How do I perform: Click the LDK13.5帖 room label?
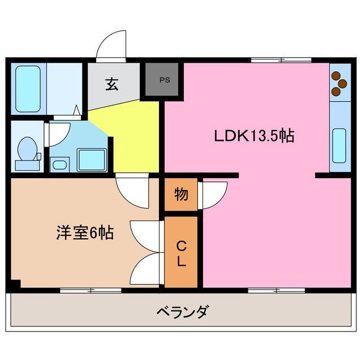[253, 136]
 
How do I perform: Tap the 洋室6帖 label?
[84, 232]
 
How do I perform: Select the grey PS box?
[163, 80]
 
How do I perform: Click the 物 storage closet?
[181, 195]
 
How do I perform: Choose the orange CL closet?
[181, 253]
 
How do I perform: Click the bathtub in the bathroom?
[28, 89]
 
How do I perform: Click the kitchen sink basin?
[340, 145]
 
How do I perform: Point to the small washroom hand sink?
[58, 164]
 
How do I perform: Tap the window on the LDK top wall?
[281, 59]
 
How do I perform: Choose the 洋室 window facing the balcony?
[90, 290]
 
